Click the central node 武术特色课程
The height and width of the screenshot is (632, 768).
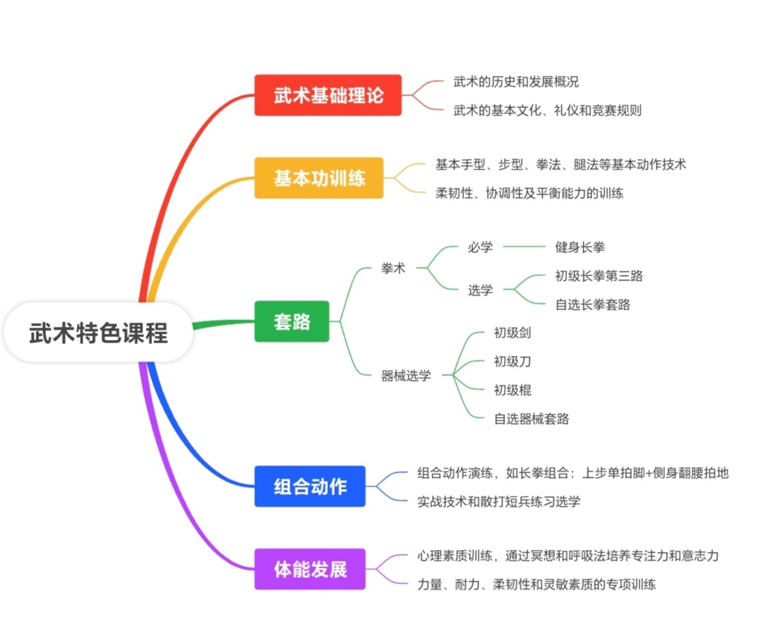point(99,333)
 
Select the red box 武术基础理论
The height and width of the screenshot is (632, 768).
point(328,95)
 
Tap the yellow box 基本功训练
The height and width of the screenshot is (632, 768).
point(319,179)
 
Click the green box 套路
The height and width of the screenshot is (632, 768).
point(292,321)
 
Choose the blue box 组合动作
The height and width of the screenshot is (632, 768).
point(310,486)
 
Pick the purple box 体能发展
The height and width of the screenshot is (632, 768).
point(310,569)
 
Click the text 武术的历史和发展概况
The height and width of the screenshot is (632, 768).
point(515,81)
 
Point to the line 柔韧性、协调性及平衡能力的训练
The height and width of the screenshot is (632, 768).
point(529,193)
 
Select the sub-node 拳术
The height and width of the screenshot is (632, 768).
point(393,268)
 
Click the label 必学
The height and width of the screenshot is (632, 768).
point(480,247)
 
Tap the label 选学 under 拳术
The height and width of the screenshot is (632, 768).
point(480,290)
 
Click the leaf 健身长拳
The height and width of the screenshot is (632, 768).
point(580,247)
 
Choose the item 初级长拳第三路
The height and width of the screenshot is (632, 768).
point(599,276)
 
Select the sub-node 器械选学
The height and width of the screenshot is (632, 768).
point(406,376)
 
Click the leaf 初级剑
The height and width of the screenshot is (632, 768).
point(512,333)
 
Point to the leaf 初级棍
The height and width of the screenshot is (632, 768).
point(512,390)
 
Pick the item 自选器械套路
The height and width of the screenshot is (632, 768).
point(531,419)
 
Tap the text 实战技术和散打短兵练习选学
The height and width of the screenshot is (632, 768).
point(498,501)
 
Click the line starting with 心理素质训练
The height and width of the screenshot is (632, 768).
point(567,555)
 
